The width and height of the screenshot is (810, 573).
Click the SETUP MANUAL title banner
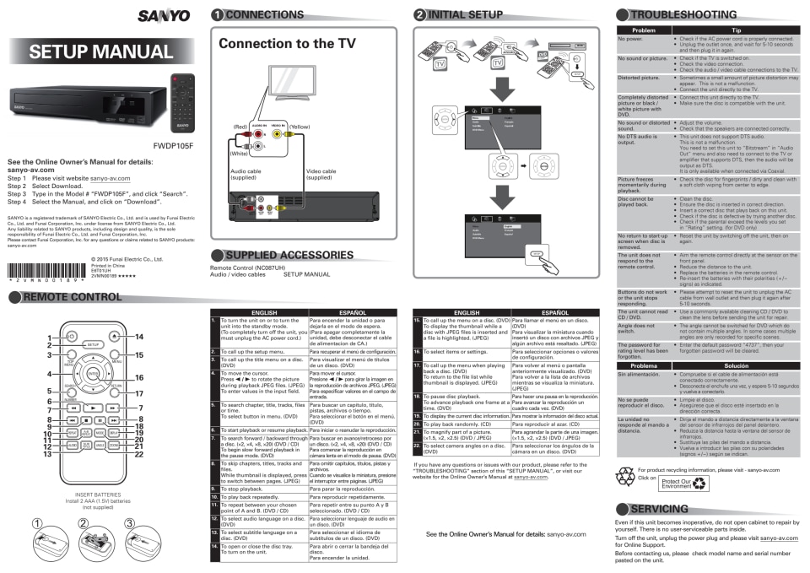(x=100, y=52)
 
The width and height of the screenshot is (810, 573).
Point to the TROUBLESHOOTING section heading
(x=692, y=14)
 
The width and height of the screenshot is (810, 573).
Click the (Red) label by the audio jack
(x=241, y=126)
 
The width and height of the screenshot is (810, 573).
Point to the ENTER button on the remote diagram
(x=92, y=372)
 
